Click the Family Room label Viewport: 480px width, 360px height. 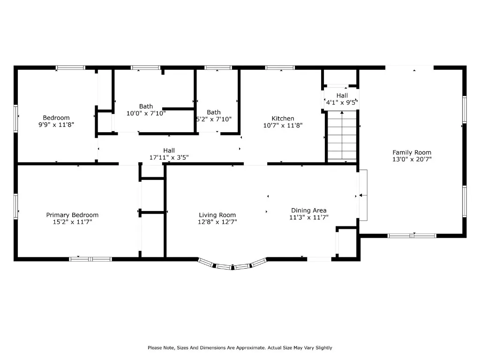point(412,152)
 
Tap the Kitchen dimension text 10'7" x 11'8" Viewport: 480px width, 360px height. point(283,125)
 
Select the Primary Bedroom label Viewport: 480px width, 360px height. point(72,215)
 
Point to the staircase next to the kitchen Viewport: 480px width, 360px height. point(342,136)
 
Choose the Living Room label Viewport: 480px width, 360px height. point(217,215)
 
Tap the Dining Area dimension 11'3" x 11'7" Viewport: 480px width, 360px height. point(309,217)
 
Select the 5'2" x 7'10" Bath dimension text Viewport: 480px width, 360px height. point(214,119)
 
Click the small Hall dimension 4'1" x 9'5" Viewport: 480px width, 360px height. point(342,102)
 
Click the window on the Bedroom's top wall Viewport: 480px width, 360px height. point(70,67)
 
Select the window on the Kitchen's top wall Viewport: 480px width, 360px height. point(280,67)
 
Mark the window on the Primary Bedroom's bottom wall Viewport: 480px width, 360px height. point(90,259)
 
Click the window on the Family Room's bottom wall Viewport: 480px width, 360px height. point(412,236)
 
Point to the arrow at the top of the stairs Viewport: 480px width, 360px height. point(342,135)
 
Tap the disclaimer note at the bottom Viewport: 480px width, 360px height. point(240,348)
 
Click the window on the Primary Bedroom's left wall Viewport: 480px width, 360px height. point(15,206)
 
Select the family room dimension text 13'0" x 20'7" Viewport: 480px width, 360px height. point(412,159)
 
